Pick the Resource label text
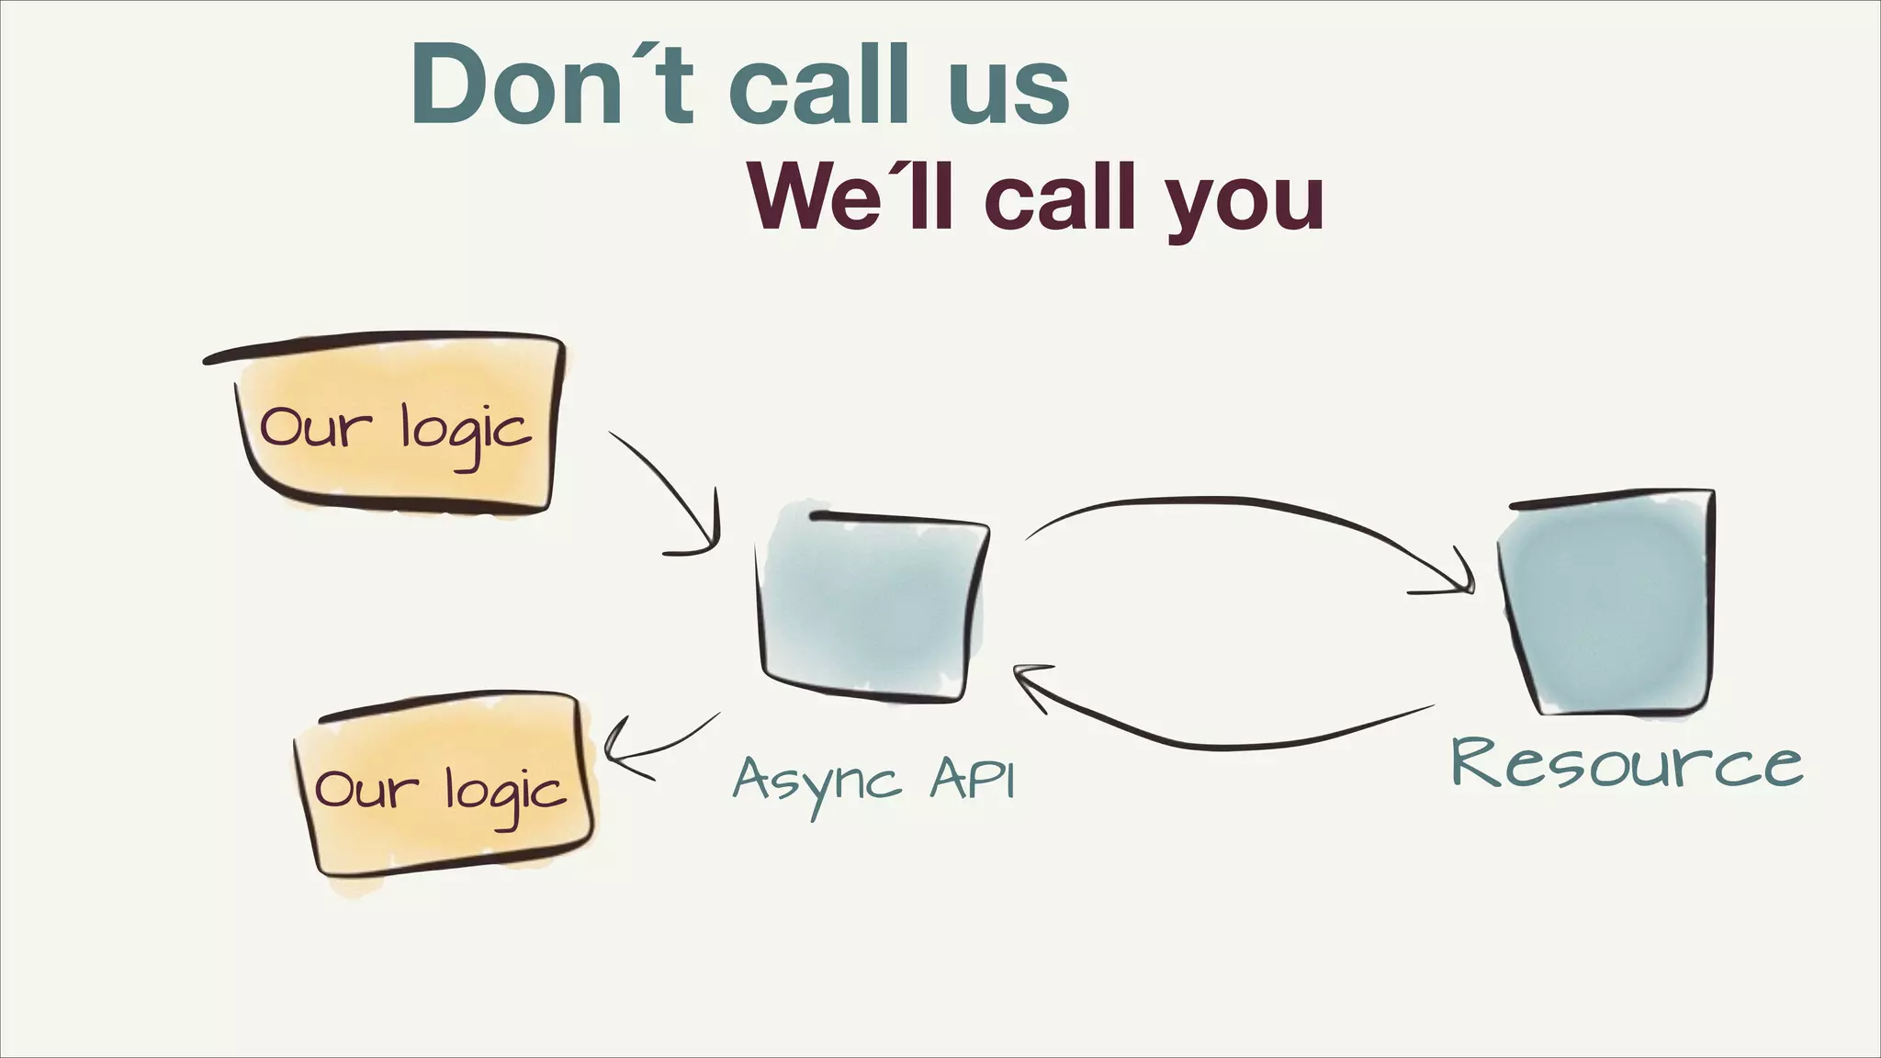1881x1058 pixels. coord(1626,764)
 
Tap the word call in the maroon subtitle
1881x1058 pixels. coord(1065,198)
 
